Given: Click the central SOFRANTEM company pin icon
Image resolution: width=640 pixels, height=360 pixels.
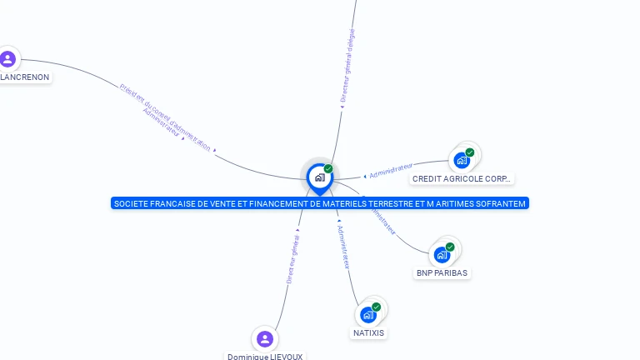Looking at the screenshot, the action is [x=319, y=177].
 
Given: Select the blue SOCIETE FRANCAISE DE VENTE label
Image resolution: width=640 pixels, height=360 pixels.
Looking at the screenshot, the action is [x=319, y=203].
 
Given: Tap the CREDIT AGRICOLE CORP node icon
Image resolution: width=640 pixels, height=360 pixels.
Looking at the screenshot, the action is [x=462, y=160].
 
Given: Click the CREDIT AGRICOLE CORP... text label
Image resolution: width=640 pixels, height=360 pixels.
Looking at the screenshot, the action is [x=462, y=179].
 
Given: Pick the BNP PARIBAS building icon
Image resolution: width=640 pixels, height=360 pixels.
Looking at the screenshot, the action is [x=442, y=254].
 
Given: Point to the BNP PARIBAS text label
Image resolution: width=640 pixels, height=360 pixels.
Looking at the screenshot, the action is [x=442, y=273].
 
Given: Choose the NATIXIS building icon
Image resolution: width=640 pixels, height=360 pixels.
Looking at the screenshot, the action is [x=367, y=314].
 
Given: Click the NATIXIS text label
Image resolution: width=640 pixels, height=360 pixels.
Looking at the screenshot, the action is [x=368, y=333].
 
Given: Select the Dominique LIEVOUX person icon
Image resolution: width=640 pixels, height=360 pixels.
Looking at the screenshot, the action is [x=265, y=338].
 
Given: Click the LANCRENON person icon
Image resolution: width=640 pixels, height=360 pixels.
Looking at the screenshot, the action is [x=7, y=58].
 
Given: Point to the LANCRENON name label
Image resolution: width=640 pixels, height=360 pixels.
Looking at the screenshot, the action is [x=26, y=77].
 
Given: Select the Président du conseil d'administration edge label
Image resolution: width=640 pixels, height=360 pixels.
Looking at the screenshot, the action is [x=165, y=116].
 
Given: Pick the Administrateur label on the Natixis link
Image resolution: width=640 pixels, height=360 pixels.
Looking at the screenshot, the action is [x=342, y=246].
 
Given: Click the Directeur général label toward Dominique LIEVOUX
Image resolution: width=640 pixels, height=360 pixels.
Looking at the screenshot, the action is [x=292, y=258].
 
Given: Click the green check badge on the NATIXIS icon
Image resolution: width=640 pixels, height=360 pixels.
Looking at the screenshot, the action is [x=376, y=307].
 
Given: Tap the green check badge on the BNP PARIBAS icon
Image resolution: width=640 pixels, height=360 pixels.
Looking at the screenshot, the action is [x=450, y=247].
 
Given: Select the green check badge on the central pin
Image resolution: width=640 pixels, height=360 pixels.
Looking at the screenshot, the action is [x=328, y=168].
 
